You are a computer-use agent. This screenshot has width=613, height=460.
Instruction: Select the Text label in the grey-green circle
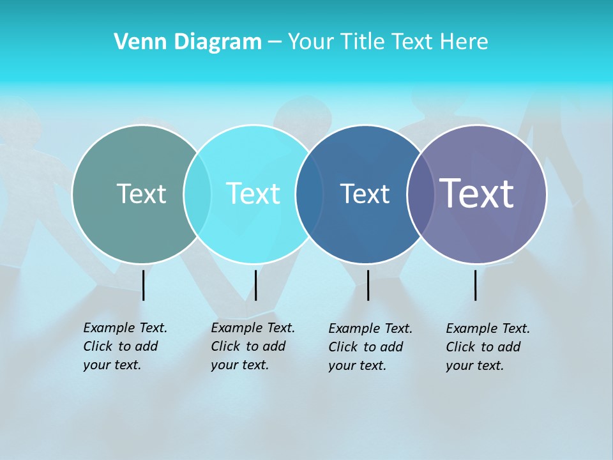pyautogui.click(x=141, y=194)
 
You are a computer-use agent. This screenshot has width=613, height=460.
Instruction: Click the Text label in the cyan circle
pyautogui.click(x=254, y=194)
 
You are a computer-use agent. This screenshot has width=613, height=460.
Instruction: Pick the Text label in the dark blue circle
pyautogui.click(x=365, y=194)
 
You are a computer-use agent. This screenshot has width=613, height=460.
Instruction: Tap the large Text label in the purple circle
pyautogui.click(x=477, y=194)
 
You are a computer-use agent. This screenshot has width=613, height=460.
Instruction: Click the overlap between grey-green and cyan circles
pyautogui.click(x=197, y=194)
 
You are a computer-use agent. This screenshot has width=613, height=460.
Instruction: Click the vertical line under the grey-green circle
pyautogui.click(x=144, y=285)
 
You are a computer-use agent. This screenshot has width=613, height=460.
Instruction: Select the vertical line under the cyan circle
pyautogui.click(x=255, y=285)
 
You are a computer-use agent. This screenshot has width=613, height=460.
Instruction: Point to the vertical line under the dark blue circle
pyautogui.click(x=368, y=285)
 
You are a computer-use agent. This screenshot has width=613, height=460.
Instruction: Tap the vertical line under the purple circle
pyautogui.click(x=476, y=285)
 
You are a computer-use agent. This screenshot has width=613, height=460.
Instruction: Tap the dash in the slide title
pyautogui.click(x=275, y=43)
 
